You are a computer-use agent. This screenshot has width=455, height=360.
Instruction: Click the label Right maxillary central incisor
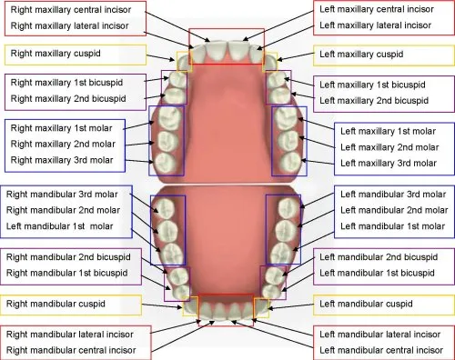point(69,10)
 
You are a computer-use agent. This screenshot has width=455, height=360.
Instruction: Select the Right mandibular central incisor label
point(72,349)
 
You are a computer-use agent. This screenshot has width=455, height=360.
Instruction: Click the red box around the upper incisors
point(227,31)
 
